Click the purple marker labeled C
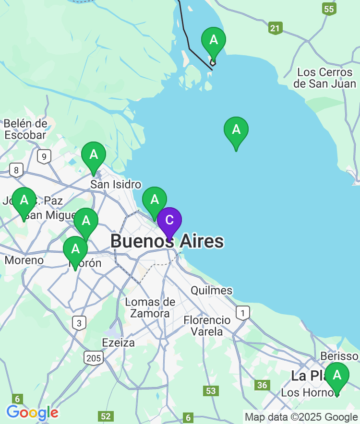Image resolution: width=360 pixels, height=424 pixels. pos(169,221)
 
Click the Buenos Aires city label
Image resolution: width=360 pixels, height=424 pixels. pos(167,241)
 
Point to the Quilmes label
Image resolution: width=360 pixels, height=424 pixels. pos(211,290)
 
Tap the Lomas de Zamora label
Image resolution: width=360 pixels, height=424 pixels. pos(150,307)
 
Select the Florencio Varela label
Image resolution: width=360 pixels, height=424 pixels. pos(207,325)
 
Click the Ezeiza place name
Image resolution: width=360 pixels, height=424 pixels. pos(119,342)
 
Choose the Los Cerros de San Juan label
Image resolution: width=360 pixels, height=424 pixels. pos(325,78)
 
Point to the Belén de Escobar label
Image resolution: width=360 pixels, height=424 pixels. pos(25,129)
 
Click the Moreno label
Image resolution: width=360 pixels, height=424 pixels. pos(24,260)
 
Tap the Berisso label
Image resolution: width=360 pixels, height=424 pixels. pos(339,356)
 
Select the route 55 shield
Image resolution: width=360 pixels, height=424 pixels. pos(329,9)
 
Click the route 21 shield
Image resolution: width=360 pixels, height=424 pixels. pos(275,28)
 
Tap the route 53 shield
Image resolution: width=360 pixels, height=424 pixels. pos(211,390)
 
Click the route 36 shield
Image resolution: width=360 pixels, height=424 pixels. pos(262,385)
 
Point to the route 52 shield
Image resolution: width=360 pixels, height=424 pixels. pos(106,416)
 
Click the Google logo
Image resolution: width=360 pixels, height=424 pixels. pos(32,412)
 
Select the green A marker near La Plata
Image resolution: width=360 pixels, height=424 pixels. pos(337,375)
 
